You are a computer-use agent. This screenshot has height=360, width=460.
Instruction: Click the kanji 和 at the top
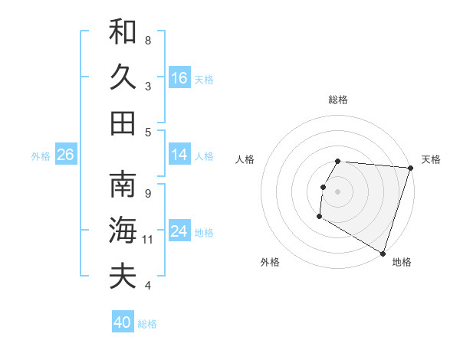pos(123,31)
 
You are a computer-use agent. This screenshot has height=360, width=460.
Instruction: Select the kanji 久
pos(123,77)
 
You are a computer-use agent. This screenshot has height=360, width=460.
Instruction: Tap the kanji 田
pos(123,123)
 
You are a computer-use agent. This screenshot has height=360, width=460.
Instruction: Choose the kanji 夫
pos(123,276)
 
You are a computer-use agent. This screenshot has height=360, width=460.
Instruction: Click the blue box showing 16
pos(179,77)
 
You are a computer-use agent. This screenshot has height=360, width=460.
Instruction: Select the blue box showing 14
pos(179,155)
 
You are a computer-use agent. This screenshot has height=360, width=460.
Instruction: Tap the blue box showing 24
pos(179,231)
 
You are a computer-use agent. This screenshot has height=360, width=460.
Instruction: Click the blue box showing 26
pos(66,155)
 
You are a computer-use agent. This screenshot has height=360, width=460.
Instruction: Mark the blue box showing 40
pos(123,322)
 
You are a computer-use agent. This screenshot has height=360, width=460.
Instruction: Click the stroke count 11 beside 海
pos(148,240)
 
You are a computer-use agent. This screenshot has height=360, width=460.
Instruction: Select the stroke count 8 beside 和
pos(148,40)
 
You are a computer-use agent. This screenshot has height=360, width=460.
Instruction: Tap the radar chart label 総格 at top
pos(338,100)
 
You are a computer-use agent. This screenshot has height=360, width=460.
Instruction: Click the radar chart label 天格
pos(431,159)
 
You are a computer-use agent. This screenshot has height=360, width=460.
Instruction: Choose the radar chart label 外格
pos(270,262)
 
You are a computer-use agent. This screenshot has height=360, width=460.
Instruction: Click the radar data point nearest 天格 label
pos(411,168)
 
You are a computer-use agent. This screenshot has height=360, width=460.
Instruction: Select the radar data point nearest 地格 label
pos(383,253)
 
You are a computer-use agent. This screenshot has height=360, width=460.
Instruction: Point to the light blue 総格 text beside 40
pos(147,323)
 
